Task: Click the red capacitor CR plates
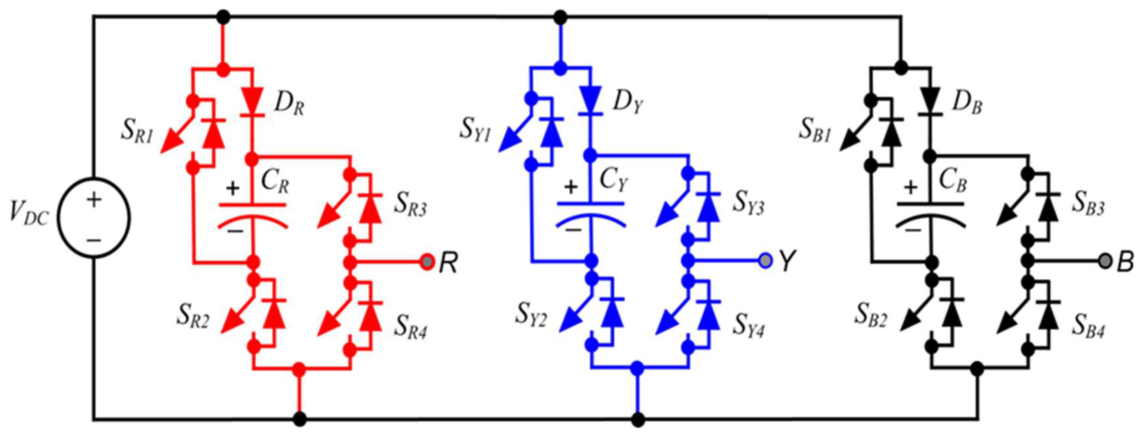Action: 253,215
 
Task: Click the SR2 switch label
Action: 193,316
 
